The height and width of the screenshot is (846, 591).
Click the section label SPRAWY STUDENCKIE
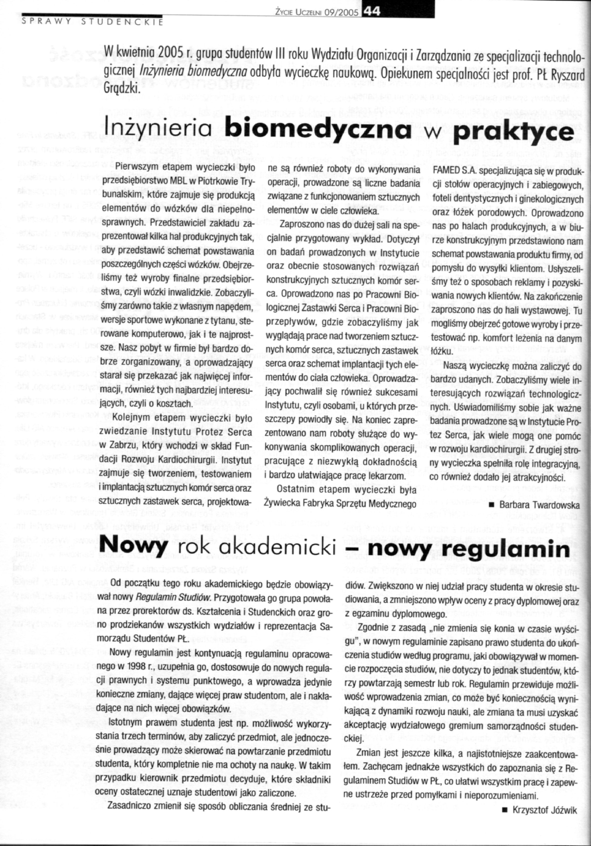(x=92, y=22)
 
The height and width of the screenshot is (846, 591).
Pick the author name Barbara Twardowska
(x=539, y=505)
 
